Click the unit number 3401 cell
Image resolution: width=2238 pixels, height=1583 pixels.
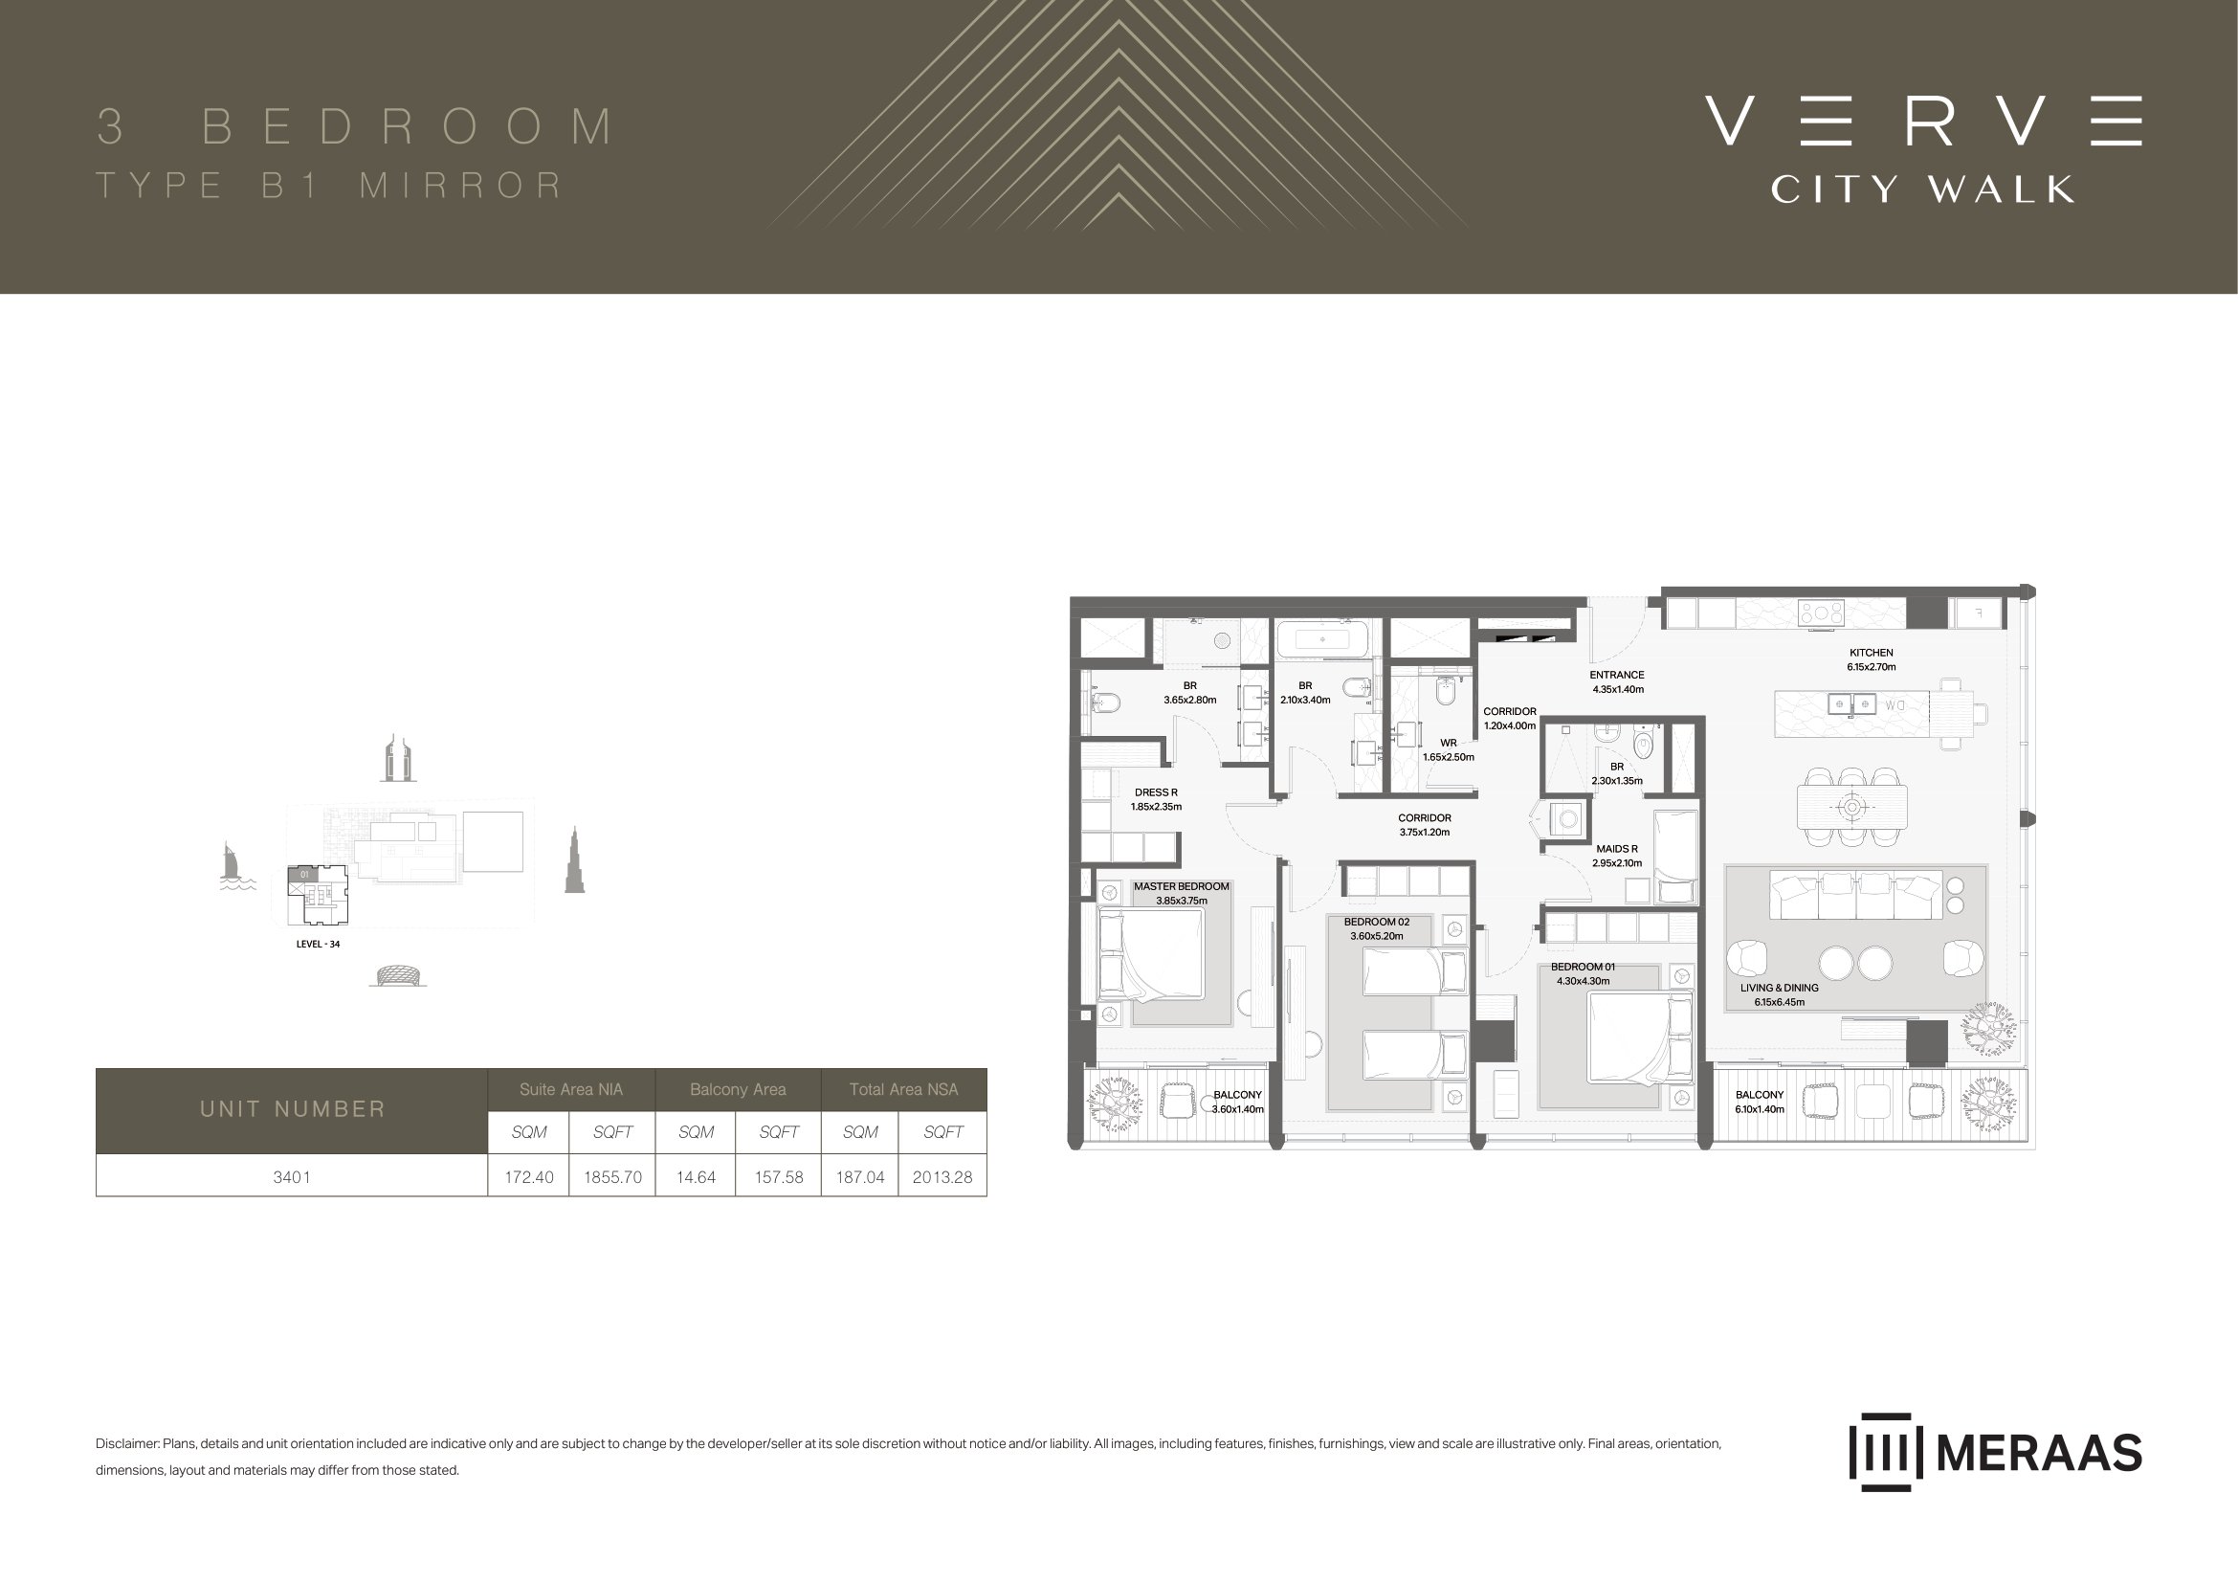pyautogui.click(x=292, y=1176)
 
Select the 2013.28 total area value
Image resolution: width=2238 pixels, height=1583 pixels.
pyautogui.click(x=942, y=1176)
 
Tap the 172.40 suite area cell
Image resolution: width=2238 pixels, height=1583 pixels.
pyautogui.click(x=528, y=1176)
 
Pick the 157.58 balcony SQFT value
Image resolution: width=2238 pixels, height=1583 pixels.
pyautogui.click(x=779, y=1176)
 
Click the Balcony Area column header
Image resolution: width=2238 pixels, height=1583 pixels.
pyautogui.click(x=738, y=1089)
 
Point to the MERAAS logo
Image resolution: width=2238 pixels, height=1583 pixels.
pyautogui.click(x=1995, y=1452)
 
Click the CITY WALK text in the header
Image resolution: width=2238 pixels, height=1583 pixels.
pyautogui.click(x=1922, y=189)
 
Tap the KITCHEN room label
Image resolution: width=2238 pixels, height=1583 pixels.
pyautogui.click(x=1871, y=653)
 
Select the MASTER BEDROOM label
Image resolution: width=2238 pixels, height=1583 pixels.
pyautogui.click(x=1181, y=886)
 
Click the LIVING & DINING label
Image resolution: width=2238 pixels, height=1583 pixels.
pyautogui.click(x=1779, y=988)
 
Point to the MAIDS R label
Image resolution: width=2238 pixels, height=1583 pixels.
pyautogui.click(x=1616, y=849)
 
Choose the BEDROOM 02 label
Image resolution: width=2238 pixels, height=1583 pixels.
pyautogui.click(x=1376, y=921)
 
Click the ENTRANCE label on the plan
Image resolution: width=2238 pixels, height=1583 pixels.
pyautogui.click(x=1616, y=675)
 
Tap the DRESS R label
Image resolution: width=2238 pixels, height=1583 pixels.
pyautogui.click(x=1156, y=792)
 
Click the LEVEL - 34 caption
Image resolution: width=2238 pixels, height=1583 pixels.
pyautogui.click(x=318, y=944)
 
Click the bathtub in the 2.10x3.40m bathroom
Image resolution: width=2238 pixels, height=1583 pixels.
pyautogui.click(x=1322, y=640)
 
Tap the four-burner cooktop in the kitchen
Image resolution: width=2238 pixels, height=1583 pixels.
pyautogui.click(x=1821, y=613)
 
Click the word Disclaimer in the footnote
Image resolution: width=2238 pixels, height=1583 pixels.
pyautogui.click(x=126, y=1443)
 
